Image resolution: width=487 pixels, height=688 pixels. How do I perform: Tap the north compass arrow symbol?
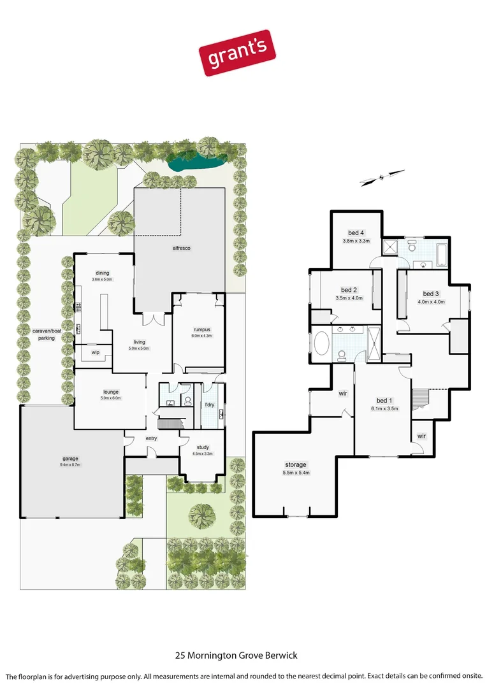382,177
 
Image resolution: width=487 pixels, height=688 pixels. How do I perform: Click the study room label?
203,448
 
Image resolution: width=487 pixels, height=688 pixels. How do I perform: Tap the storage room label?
296,465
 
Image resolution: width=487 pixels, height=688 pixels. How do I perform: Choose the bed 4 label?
356,232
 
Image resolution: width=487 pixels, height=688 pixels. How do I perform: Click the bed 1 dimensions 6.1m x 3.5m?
384,409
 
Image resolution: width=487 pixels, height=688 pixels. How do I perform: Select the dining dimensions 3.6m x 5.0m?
102,279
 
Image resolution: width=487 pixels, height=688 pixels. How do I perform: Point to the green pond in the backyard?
194,163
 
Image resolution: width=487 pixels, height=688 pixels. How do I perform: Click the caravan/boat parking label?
44,334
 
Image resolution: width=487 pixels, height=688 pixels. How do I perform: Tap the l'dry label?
208,405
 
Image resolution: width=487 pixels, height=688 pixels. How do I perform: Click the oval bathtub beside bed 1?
322,344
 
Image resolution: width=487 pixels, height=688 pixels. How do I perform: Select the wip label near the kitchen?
96,352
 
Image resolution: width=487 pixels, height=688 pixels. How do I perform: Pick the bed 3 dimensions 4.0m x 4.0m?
431,302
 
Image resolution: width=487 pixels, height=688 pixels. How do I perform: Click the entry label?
151,438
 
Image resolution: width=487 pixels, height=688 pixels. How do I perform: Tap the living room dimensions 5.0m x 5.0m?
138,348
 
